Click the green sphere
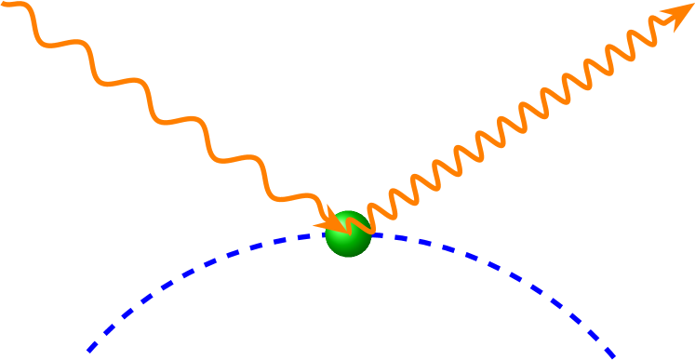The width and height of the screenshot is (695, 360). coord(348,234)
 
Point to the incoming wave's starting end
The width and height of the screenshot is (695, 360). coord(5,4)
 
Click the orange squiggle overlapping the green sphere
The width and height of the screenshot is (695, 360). coord(358,221)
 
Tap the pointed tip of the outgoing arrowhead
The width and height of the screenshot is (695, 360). coord(693,5)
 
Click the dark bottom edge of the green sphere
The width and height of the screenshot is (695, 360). coord(349,255)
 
